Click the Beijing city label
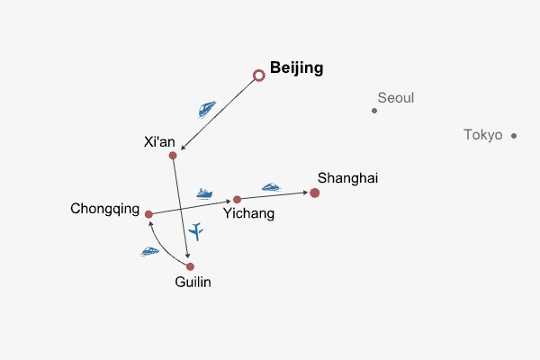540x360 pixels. pyautogui.click(x=296, y=67)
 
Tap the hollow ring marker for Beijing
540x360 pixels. pyautogui.click(x=259, y=76)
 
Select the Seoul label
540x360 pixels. pyautogui.click(x=396, y=97)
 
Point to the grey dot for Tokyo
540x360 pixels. pyautogui.click(x=514, y=136)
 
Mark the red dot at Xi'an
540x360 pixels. pyautogui.click(x=173, y=156)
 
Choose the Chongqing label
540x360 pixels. pyautogui.click(x=105, y=210)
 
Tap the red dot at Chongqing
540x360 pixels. pyautogui.click(x=149, y=214)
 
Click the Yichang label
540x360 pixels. pyautogui.click(x=248, y=214)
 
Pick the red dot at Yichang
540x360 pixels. pyautogui.click(x=238, y=199)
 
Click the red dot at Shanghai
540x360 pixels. pyautogui.click(x=315, y=193)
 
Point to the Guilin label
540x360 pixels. pyautogui.click(x=195, y=282)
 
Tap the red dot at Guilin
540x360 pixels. pyautogui.click(x=190, y=266)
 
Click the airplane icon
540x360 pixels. pyautogui.click(x=197, y=231)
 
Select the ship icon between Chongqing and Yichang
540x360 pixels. pyautogui.click(x=205, y=193)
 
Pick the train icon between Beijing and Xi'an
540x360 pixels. pyautogui.click(x=207, y=109)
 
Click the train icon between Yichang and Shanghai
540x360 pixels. pyautogui.click(x=271, y=187)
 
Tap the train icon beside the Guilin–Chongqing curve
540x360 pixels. pyautogui.click(x=150, y=251)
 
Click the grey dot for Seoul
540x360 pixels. pyautogui.click(x=374, y=111)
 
